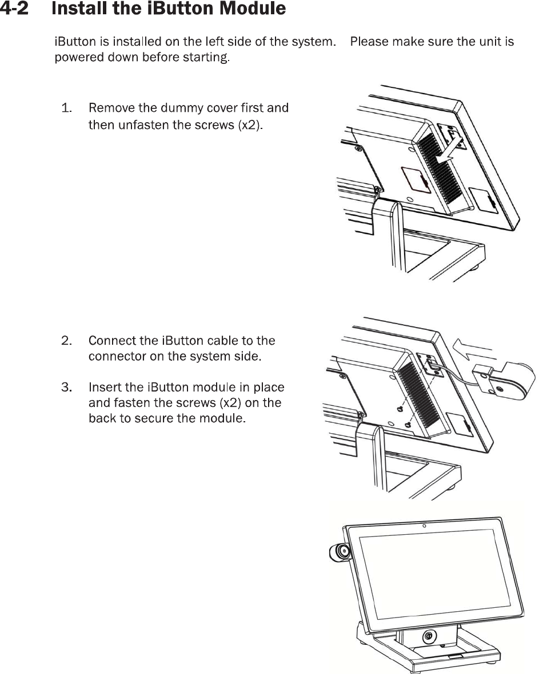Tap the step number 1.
(66, 108)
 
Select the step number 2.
(67, 341)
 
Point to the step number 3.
(67, 388)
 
